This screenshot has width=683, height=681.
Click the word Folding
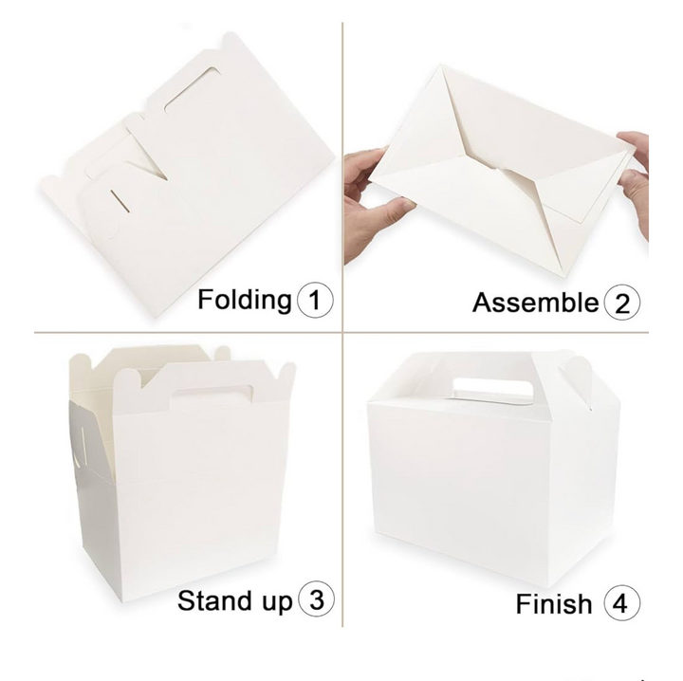[x=245, y=301]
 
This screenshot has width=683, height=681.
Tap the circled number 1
[x=315, y=301]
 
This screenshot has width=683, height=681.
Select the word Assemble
[x=535, y=303]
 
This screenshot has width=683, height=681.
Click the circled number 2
[x=622, y=303]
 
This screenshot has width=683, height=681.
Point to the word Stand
[x=213, y=600]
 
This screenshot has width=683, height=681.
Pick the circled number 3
[x=316, y=600]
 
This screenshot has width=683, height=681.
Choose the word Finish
[x=554, y=604]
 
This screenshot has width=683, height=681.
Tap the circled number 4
[x=622, y=603]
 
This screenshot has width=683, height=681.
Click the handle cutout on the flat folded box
[x=192, y=89]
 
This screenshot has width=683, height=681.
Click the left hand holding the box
[x=373, y=205]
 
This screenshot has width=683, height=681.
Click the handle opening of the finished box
[x=493, y=388]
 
